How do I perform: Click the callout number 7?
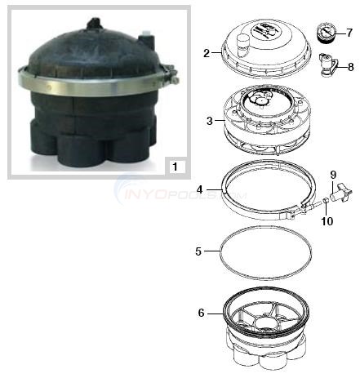tap(349, 33)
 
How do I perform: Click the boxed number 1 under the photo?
tap(174, 166)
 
